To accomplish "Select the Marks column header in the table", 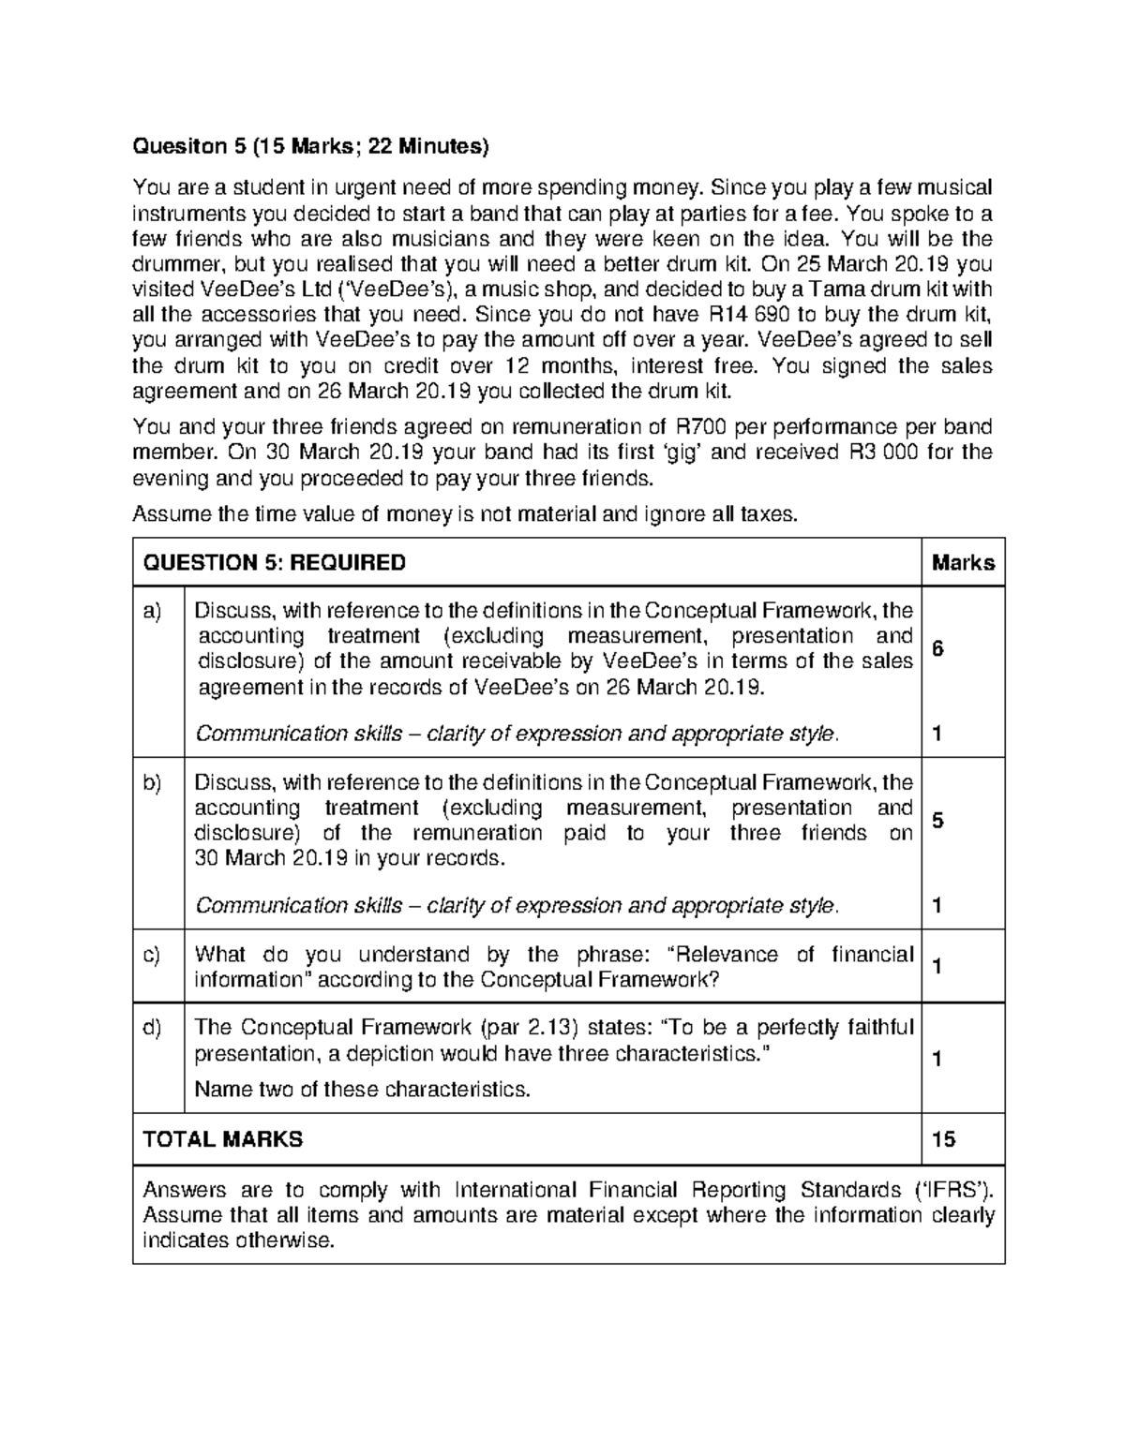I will [963, 563].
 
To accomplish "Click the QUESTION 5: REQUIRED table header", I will [274, 563].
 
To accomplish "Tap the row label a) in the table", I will [152, 612].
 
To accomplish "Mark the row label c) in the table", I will [152, 956].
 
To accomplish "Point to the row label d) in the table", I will [152, 1029].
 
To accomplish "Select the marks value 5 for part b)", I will [937, 821].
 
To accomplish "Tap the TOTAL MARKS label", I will [222, 1139].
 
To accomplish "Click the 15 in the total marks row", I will [943, 1139].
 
